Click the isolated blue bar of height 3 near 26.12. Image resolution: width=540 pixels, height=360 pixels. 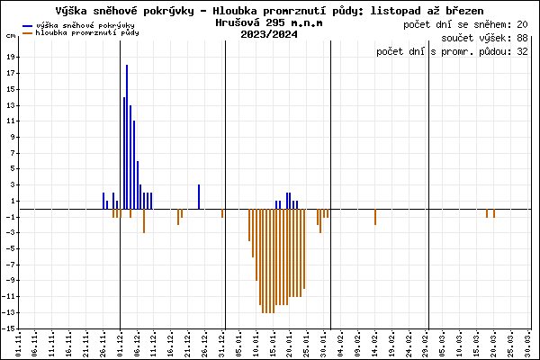(x=199, y=196)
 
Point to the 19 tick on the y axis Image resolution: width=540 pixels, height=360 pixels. (x=10, y=55)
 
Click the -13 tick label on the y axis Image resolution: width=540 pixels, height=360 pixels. (x=9, y=312)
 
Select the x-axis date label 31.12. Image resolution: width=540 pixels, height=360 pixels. (x=222, y=343)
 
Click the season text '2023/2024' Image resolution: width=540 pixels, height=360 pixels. (x=269, y=35)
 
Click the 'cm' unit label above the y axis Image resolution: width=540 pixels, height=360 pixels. (x=11, y=35)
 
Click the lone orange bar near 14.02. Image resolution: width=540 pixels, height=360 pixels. (x=375, y=216)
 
